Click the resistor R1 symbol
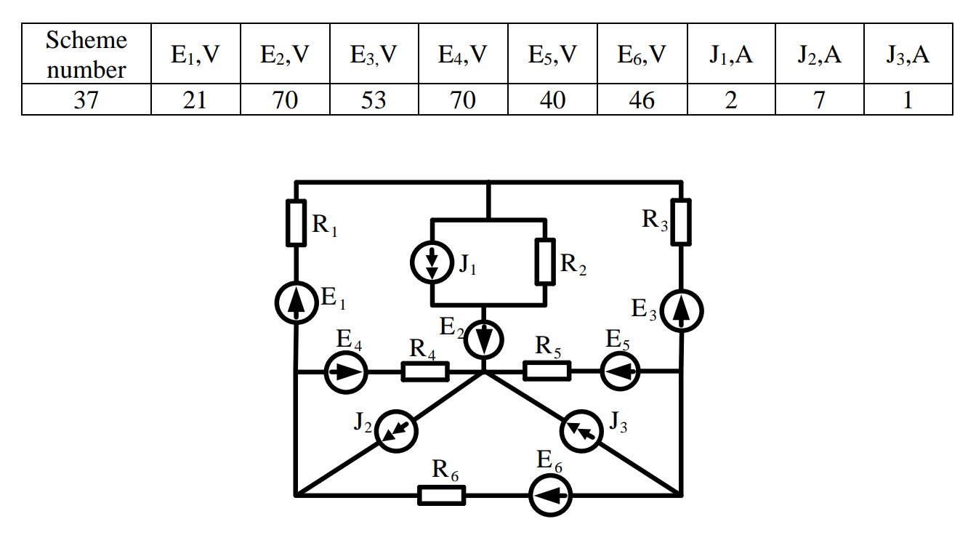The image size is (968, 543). tap(296, 222)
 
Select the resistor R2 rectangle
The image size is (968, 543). tap(545, 261)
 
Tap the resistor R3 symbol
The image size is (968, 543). tap(681, 222)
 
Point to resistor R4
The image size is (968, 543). tap(425, 372)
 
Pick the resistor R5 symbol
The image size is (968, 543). tap(546, 372)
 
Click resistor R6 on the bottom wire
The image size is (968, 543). tap(441, 496)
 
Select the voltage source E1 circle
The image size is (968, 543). tap(297, 303)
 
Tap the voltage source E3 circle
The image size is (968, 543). tap(682, 310)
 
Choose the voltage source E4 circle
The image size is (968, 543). tap(346, 372)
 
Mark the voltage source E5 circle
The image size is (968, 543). tap(621, 372)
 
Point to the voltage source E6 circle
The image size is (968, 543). tap(549, 496)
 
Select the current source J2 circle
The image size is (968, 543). tap(395, 430)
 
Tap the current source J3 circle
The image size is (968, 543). tap(582, 430)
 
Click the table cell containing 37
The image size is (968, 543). tap(86, 100)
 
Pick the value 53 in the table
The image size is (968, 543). tap(374, 100)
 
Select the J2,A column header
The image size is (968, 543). tap(819, 55)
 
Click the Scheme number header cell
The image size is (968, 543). tap(86, 55)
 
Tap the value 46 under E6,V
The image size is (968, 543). tap(642, 100)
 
